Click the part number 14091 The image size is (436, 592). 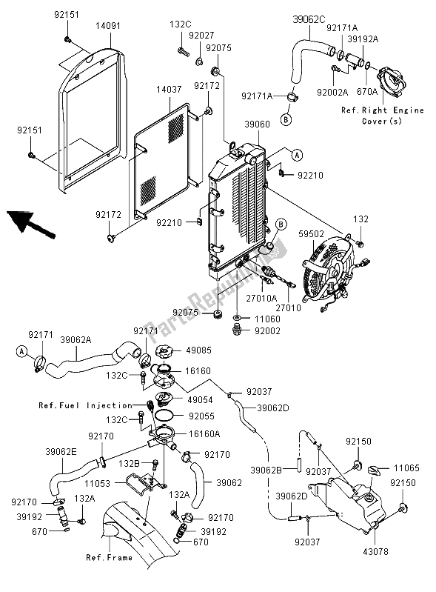tap(108, 26)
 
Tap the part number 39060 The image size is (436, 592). tap(257, 124)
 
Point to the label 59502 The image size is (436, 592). tap(312, 234)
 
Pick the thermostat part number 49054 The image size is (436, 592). tap(200, 399)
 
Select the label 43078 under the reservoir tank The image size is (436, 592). tap(375, 551)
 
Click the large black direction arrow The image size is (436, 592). tap(31, 224)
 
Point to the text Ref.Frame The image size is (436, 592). tap(110, 557)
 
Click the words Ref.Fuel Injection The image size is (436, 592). tap(86, 405)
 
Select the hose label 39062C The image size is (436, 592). tap(309, 19)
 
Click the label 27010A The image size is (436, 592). tap(261, 299)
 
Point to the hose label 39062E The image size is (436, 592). tap(61, 452)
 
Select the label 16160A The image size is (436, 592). tap(204, 433)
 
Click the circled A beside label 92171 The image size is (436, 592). tap(22, 351)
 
